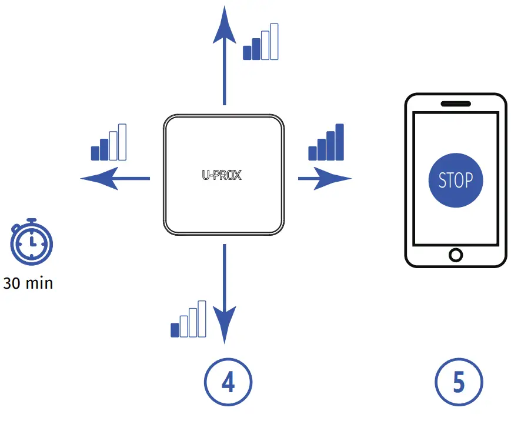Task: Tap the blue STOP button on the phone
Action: (x=456, y=180)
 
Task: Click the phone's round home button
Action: (x=456, y=255)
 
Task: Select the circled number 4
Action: (x=228, y=383)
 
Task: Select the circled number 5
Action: (x=459, y=383)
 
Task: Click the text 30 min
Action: (x=28, y=283)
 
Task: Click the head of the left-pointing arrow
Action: (x=100, y=178)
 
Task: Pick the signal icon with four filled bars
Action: (x=326, y=142)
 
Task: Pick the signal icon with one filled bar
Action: (x=188, y=320)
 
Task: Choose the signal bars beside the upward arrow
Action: (x=260, y=42)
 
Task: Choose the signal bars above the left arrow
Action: (x=109, y=142)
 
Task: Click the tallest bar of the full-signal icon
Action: (x=339, y=142)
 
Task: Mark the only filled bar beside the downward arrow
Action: (x=175, y=330)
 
